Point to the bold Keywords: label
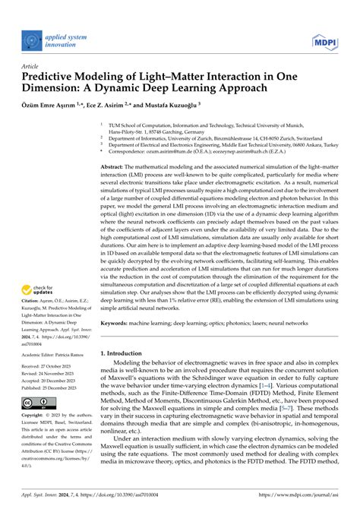pos(115,324)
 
